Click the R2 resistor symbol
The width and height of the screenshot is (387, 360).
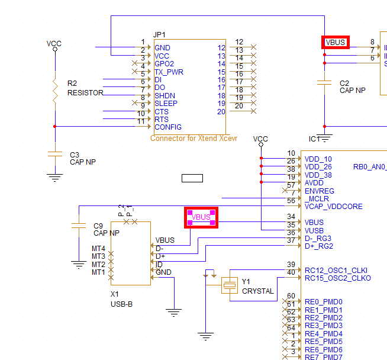pos(54,89)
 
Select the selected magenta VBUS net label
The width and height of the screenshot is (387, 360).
pos(201,217)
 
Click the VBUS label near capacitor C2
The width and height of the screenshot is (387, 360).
pos(336,42)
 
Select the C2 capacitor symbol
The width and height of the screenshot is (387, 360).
pos(324,83)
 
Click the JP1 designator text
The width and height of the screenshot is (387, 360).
pos(159,34)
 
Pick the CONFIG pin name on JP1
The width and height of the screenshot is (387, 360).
pos(167,127)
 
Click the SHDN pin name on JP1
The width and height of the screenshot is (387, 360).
pos(165,95)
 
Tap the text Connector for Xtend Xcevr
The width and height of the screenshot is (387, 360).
pos(193,138)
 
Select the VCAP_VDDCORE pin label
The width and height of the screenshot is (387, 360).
pos(333,207)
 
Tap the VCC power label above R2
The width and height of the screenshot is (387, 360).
pos(54,43)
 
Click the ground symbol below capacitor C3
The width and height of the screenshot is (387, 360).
pos(54,175)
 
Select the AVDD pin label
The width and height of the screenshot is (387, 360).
pos(314,183)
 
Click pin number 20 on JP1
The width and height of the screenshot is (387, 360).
pos(221,111)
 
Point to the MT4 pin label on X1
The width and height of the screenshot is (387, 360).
pos(98,248)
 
